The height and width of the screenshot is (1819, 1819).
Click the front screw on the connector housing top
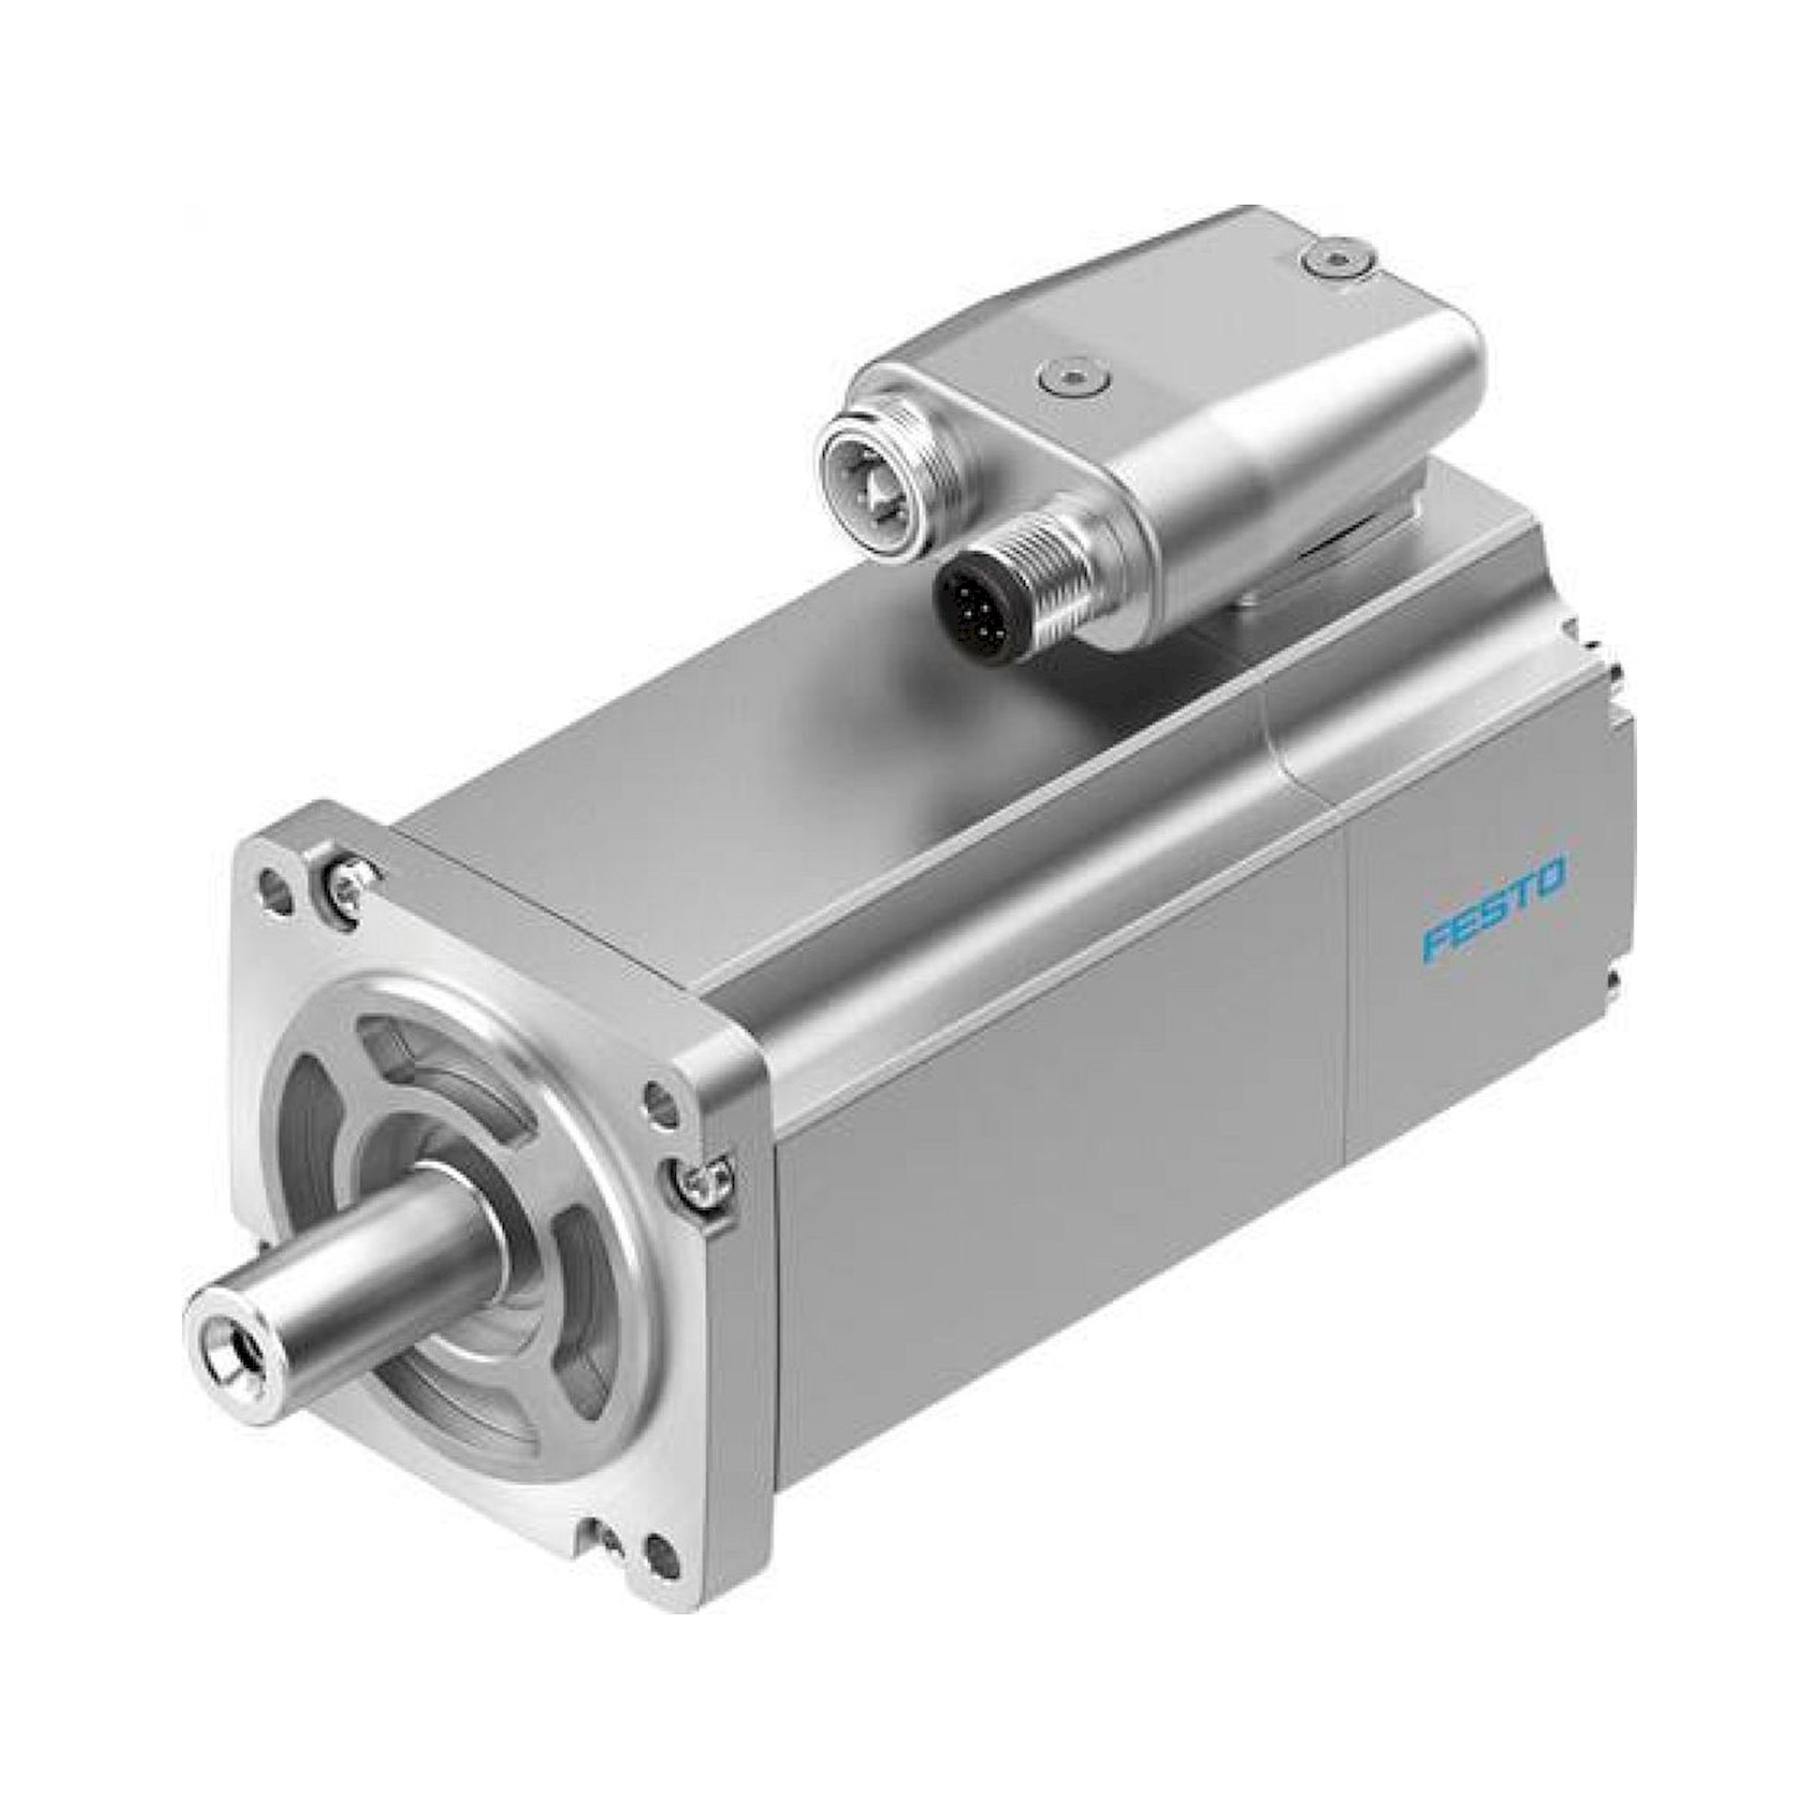click(1074, 377)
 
